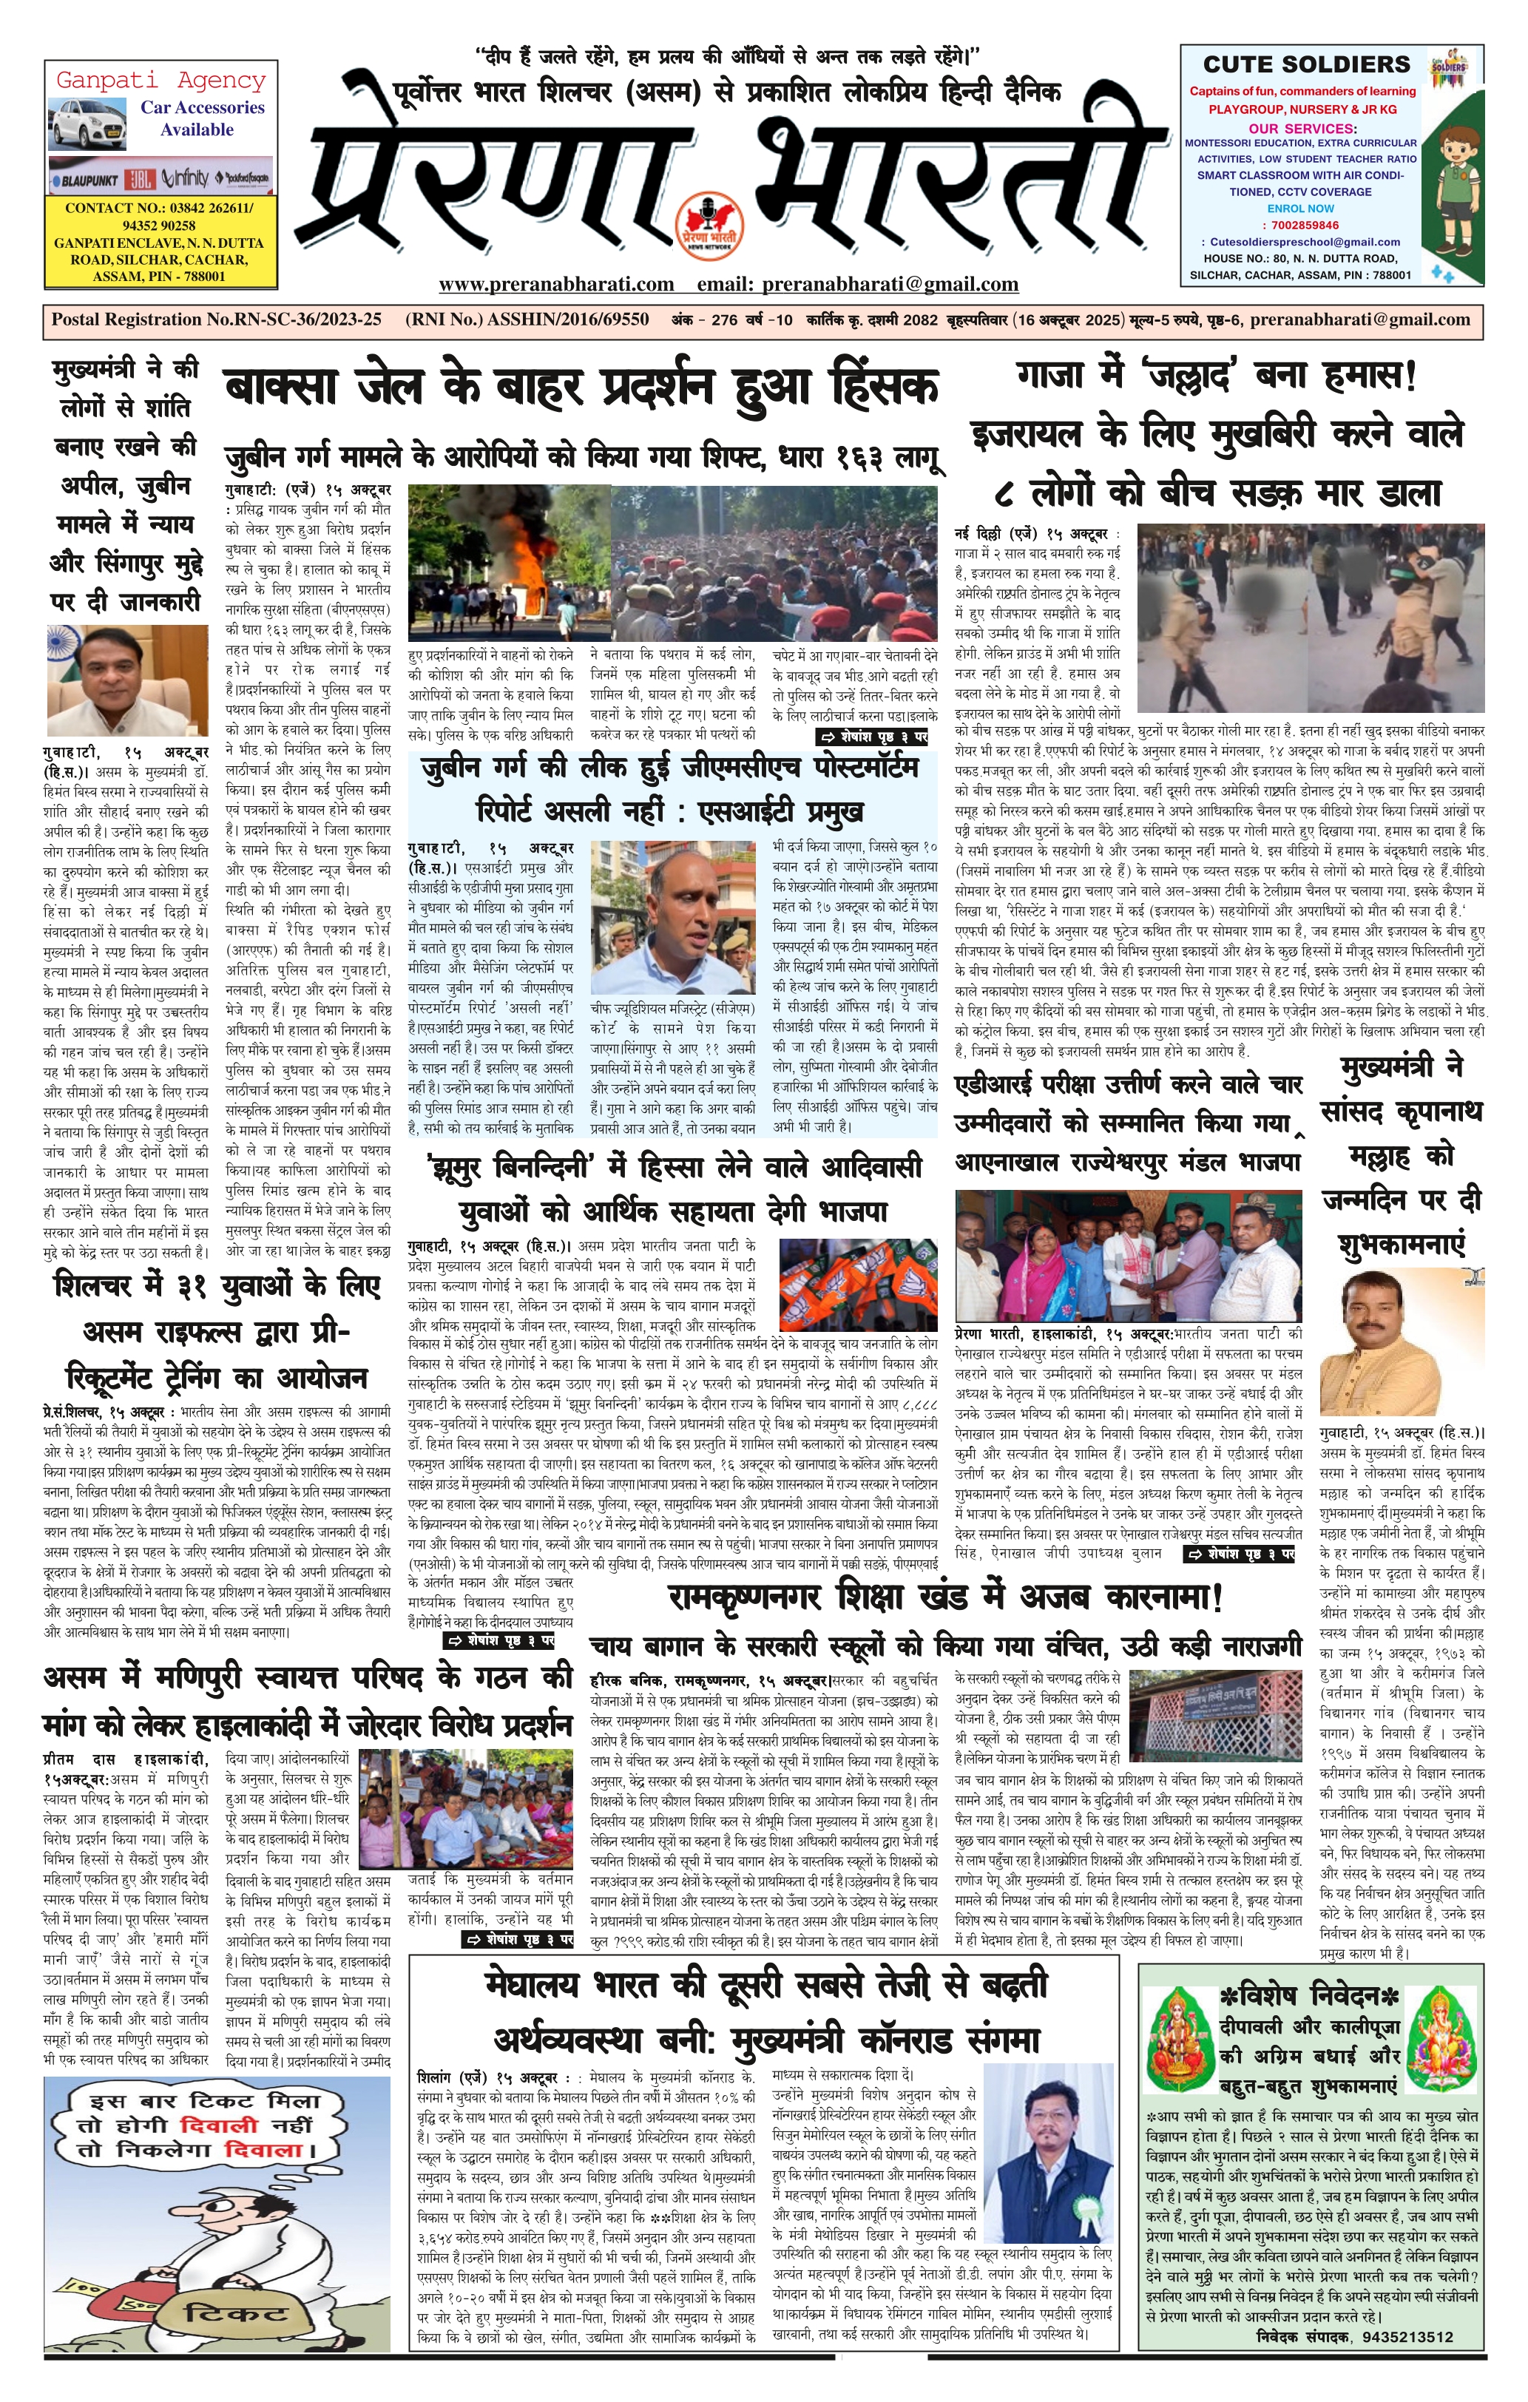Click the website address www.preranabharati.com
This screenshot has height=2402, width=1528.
pos(555,284)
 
